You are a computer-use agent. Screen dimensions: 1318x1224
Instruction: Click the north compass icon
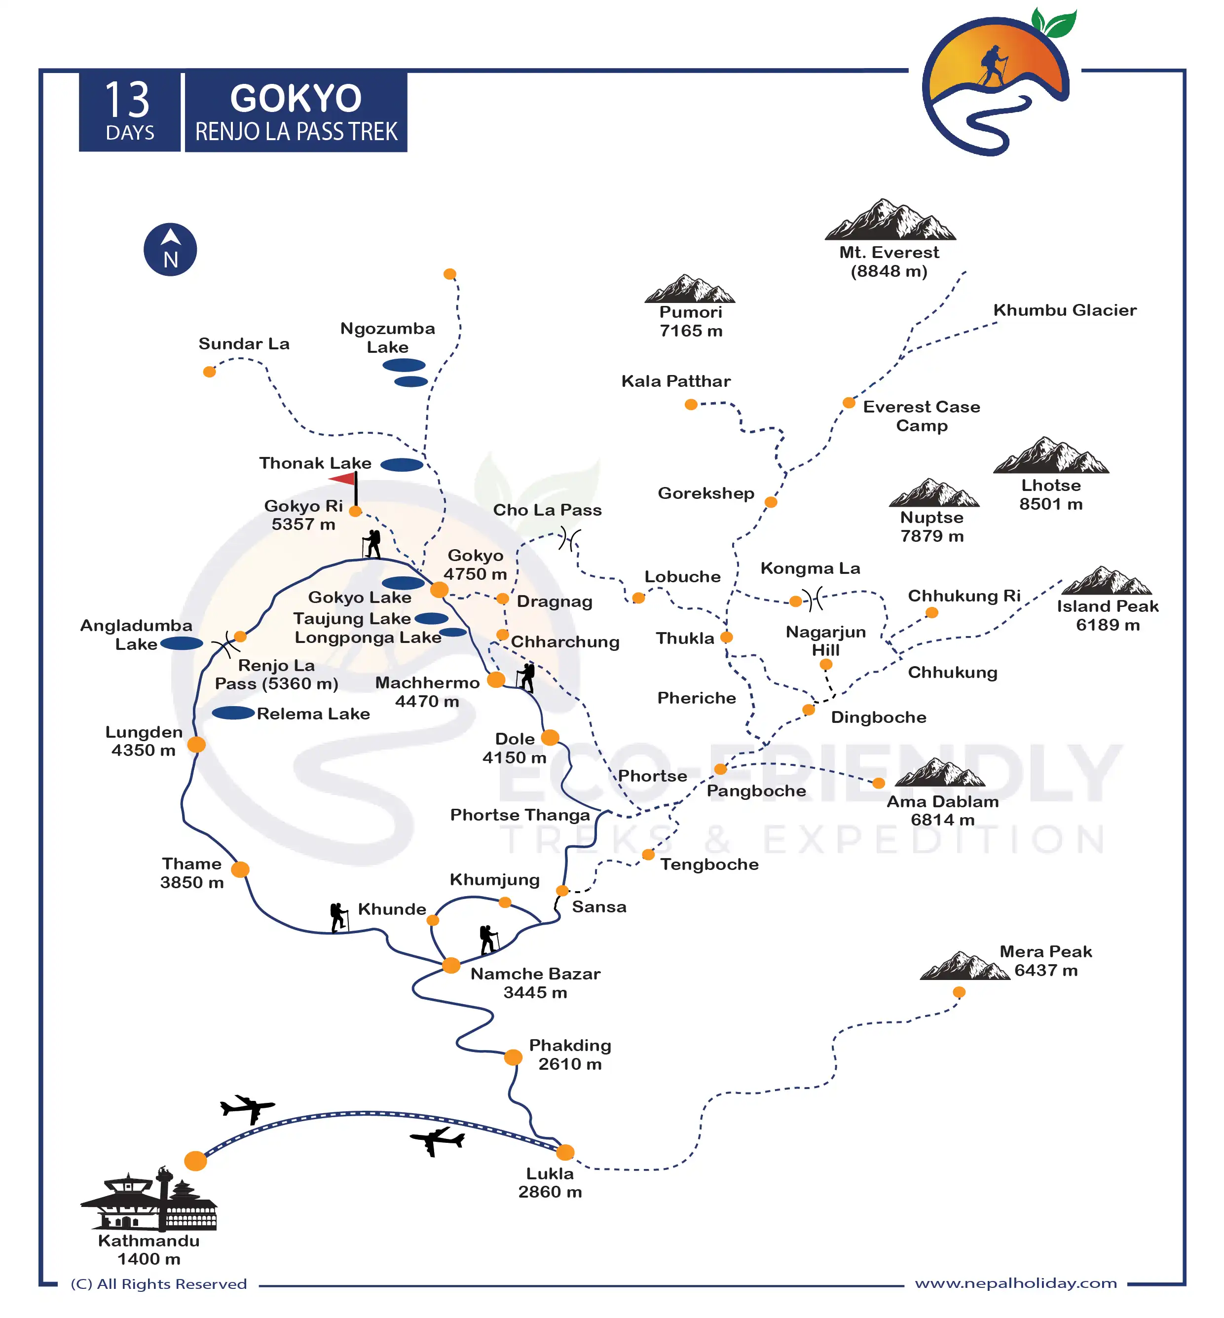170,250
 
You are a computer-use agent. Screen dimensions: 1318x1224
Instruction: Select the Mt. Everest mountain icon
890,220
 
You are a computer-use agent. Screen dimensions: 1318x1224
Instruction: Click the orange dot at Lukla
565,1152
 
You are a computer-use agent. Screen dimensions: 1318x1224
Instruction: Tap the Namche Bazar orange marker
451,965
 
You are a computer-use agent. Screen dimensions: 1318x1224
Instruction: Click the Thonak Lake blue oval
402,465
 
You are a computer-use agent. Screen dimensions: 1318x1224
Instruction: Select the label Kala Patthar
675,381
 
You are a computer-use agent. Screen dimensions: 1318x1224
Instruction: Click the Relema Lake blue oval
233,713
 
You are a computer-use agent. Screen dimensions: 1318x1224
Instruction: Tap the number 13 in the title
128,101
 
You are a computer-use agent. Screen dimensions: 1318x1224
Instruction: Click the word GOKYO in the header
296,99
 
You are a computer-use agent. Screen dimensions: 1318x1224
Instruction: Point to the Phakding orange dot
513,1057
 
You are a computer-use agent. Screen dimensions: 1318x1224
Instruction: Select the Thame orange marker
240,869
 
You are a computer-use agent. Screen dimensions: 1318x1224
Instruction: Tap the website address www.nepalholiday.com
1015,1283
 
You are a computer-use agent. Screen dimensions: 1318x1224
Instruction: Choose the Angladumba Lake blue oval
182,643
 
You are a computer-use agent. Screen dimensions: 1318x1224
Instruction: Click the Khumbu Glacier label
1064,310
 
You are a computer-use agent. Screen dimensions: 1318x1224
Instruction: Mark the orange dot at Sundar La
209,372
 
